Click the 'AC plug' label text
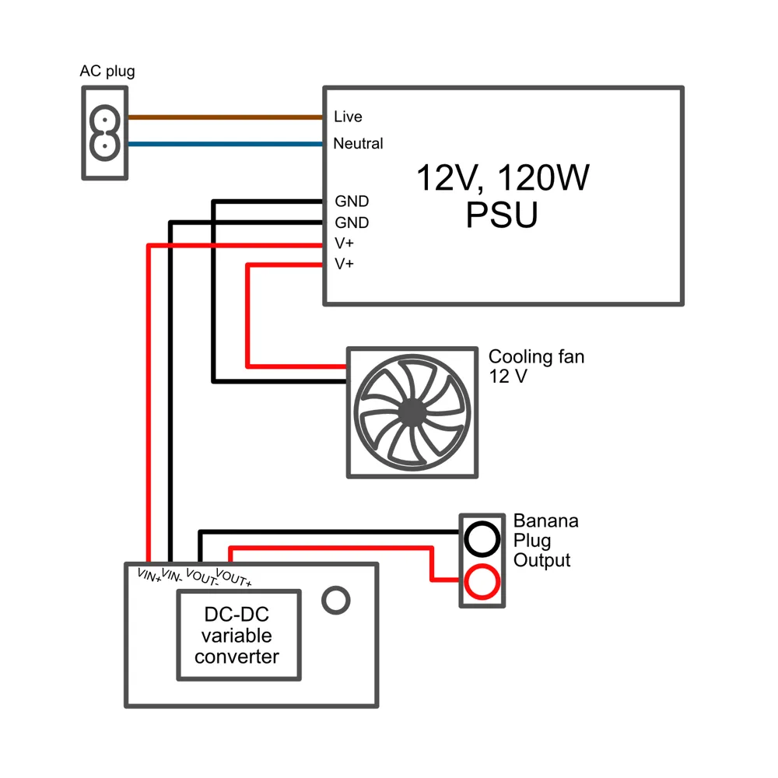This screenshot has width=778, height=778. pyautogui.click(x=107, y=71)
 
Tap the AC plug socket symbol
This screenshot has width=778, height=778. pyautogui.click(x=105, y=133)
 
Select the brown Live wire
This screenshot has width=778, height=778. pyautogui.click(x=226, y=117)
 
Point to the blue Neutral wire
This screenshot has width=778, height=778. pyautogui.click(x=226, y=144)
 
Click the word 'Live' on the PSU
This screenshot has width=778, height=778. pyautogui.click(x=348, y=117)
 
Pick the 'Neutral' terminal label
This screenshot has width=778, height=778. pyautogui.click(x=358, y=143)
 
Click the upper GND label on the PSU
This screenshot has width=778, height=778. pyautogui.click(x=352, y=201)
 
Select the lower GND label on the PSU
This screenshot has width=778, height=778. pyautogui.click(x=352, y=223)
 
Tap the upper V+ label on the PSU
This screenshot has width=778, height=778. pyautogui.click(x=345, y=243)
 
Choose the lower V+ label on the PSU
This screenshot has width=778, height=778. pyautogui.click(x=345, y=264)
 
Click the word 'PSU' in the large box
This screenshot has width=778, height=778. pyautogui.click(x=502, y=215)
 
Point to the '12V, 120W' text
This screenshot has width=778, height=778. pyautogui.click(x=503, y=177)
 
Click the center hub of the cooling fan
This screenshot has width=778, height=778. pyautogui.click(x=412, y=412)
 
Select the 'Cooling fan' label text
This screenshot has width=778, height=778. pyautogui.click(x=536, y=357)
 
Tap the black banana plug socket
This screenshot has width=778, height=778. pyautogui.click(x=482, y=539)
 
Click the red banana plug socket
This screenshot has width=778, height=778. pyautogui.click(x=482, y=581)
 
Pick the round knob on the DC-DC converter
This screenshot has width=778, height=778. pyautogui.click(x=336, y=601)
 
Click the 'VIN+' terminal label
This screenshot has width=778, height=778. pyautogui.click(x=149, y=576)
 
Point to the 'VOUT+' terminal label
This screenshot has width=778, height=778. pyautogui.click(x=233, y=578)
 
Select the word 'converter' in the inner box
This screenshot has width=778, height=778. pyautogui.click(x=237, y=657)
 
